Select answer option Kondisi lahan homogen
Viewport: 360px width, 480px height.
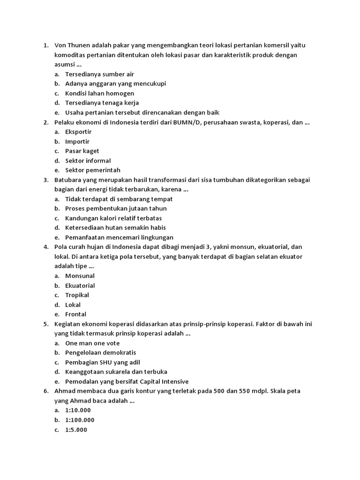[99, 93]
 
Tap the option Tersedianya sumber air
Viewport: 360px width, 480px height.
[99, 74]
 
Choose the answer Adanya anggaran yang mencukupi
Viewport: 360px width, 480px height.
[115, 83]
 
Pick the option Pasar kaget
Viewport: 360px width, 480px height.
[82, 151]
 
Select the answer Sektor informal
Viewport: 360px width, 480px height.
[88, 161]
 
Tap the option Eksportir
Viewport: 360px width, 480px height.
[78, 132]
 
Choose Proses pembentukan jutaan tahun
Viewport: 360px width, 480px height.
[116, 209]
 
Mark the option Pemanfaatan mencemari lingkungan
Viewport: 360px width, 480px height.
[119, 237]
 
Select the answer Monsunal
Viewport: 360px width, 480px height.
[80, 276]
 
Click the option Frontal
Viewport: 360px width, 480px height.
[75, 314]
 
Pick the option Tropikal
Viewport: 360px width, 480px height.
[77, 295]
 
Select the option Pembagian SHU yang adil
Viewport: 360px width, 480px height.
[103, 362]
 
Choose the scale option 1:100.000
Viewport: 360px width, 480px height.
[80, 420]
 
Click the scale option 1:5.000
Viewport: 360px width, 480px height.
[76, 430]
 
